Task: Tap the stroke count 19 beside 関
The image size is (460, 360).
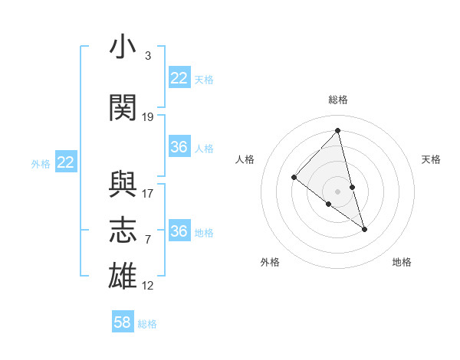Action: click(148, 117)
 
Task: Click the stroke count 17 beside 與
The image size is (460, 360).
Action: click(148, 194)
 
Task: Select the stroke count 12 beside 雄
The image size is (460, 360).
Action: click(148, 286)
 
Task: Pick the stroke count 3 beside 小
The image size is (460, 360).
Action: click(147, 56)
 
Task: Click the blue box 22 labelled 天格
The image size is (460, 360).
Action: click(179, 78)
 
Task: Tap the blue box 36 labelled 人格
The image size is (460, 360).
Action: click(179, 147)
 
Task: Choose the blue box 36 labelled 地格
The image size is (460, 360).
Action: click(179, 231)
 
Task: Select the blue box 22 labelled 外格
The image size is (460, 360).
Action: click(66, 162)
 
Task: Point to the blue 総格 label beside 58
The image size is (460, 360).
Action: click(147, 324)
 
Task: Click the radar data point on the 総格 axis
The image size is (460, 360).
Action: click(337, 130)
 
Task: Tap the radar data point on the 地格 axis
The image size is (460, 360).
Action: click(365, 229)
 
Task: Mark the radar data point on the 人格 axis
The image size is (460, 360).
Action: click(294, 178)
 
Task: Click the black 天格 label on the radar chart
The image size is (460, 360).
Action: click(431, 159)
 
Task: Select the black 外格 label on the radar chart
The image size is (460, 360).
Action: click(270, 262)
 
